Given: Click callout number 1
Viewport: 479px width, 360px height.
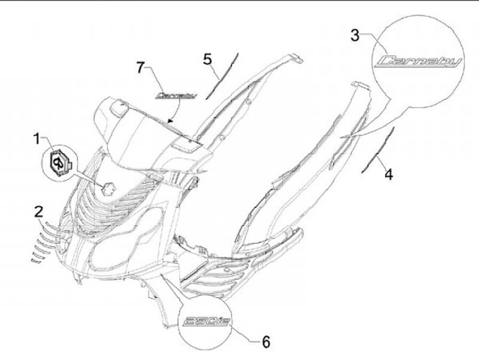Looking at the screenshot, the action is click(37, 139).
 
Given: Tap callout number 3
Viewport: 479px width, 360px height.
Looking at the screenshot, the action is click(356, 35).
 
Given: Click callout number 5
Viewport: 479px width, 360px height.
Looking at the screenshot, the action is click(208, 59).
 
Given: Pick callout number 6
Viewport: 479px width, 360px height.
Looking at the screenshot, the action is click(265, 342).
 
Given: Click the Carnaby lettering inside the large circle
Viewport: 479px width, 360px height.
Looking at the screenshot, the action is click(416, 63).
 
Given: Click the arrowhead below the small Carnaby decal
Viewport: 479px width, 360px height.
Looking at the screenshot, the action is click(172, 122).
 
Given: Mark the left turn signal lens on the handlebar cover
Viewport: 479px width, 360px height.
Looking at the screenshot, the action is click(117, 105).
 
